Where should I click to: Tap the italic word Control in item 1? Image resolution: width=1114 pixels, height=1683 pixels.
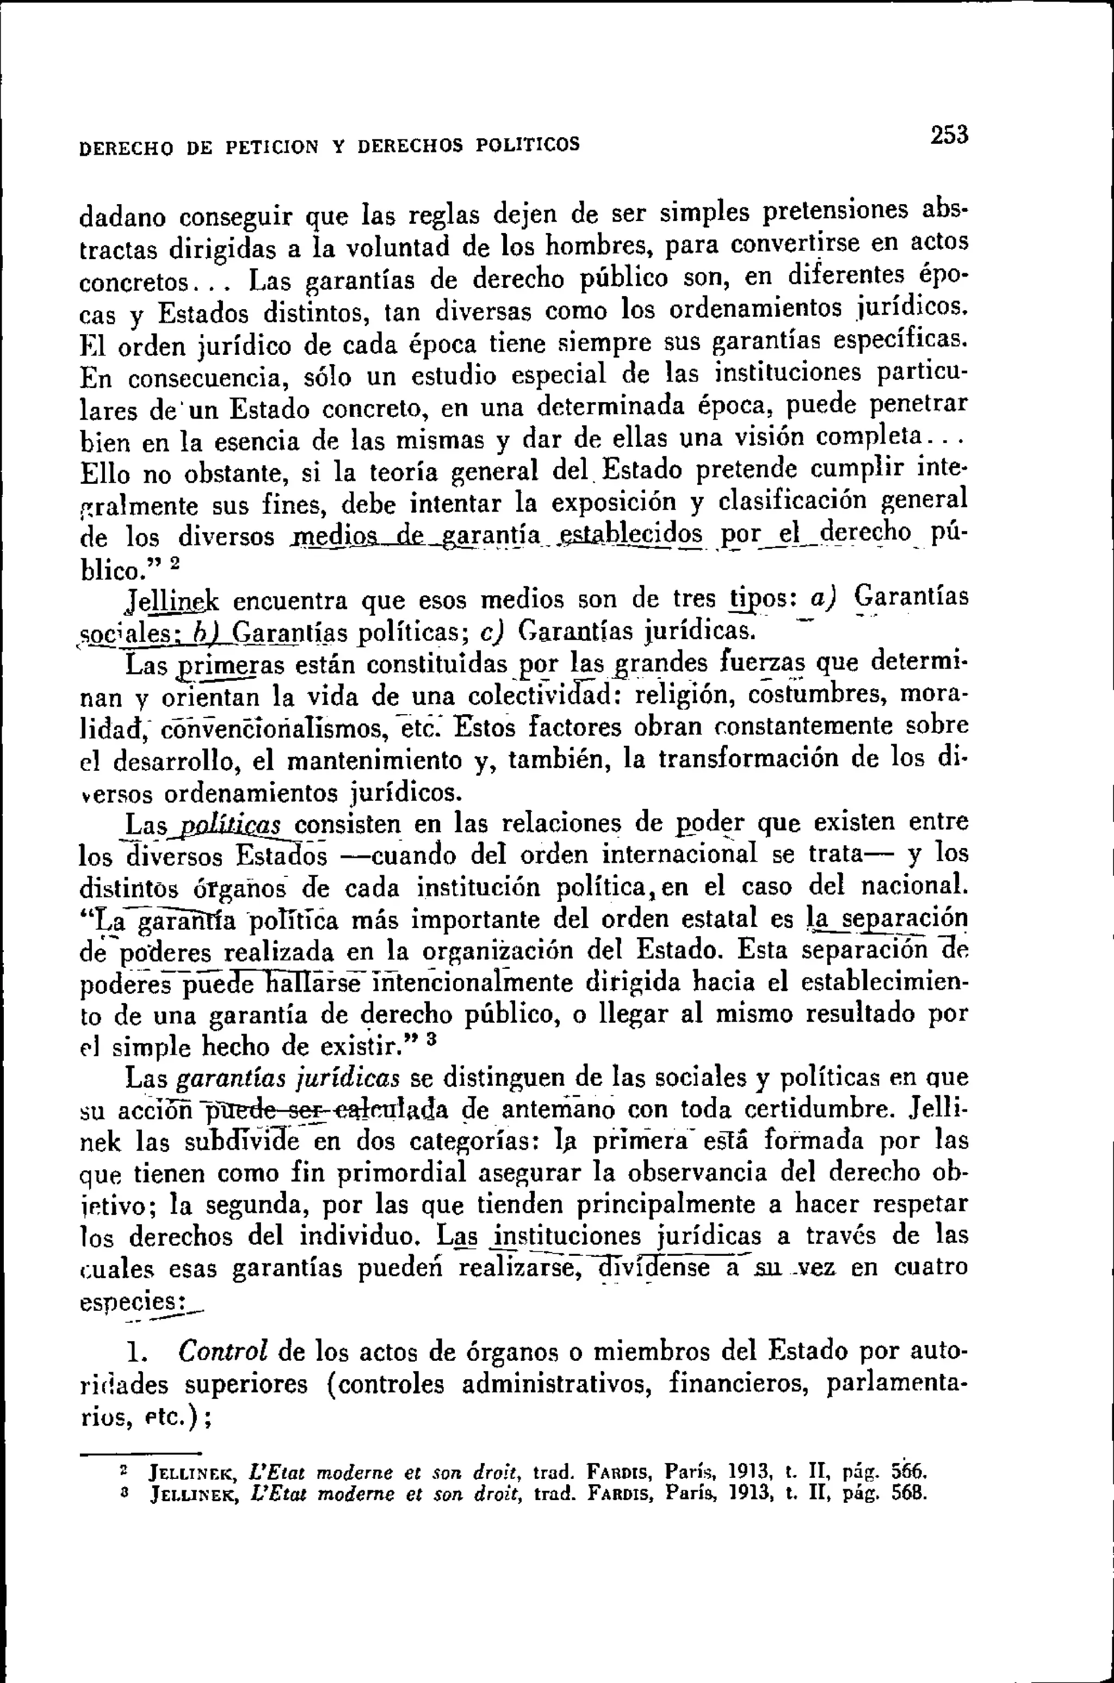222,1351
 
